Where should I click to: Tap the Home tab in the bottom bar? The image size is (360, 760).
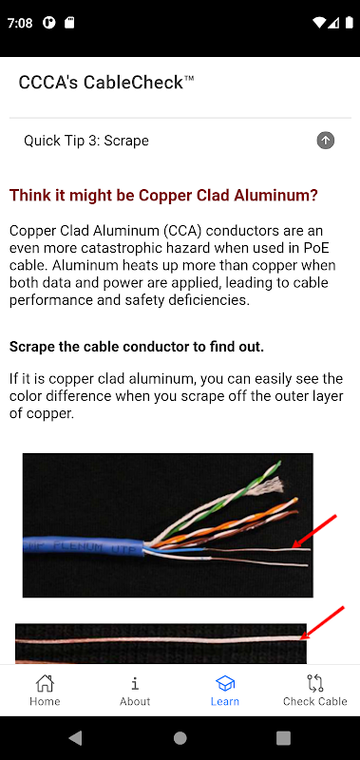(x=45, y=691)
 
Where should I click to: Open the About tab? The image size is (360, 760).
(x=135, y=691)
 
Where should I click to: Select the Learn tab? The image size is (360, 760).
(x=225, y=691)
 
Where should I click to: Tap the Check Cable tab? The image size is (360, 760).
(x=315, y=691)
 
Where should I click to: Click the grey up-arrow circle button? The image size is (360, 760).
(x=326, y=141)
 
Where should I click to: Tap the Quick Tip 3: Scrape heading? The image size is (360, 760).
(x=86, y=141)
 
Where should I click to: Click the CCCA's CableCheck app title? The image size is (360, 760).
(x=106, y=83)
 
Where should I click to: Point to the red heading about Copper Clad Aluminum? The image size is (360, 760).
(x=163, y=196)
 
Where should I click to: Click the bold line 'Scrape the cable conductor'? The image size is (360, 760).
(x=137, y=347)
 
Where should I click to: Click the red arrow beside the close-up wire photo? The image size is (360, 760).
(x=322, y=623)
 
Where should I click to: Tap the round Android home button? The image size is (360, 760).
(x=180, y=738)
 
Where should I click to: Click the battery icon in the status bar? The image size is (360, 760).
(x=349, y=22)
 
